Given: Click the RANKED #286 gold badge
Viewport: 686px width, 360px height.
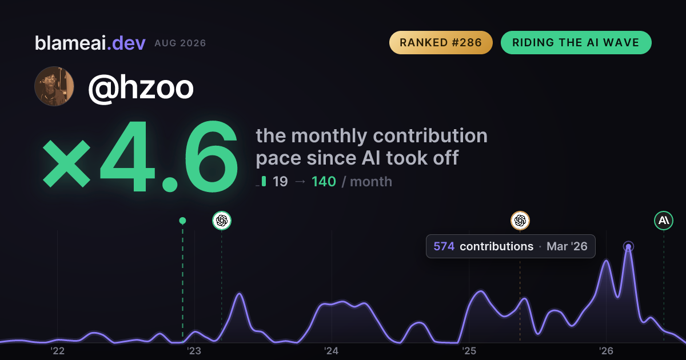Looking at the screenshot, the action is [441, 42].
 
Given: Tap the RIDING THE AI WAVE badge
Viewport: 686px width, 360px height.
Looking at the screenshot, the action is [576, 42].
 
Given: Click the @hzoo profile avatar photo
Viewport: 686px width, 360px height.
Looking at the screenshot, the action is [54, 86].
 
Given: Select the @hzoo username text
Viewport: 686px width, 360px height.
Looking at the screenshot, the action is [141, 88].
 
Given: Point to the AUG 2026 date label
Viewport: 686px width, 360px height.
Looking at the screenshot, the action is [180, 43].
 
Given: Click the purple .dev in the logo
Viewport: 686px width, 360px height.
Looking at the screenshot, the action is [126, 43].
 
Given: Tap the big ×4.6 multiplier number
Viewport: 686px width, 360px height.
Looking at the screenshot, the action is [140, 156].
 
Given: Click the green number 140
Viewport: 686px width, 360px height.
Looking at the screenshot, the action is [324, 182].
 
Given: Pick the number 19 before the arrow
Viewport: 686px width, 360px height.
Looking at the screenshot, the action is [280, 182].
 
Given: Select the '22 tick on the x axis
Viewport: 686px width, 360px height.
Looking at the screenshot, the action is [57, 351].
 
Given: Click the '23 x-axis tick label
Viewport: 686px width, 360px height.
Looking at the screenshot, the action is [194, 351].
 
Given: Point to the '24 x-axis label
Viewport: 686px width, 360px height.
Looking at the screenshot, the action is [332, 351].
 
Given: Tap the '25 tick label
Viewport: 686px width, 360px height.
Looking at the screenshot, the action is [469, 351].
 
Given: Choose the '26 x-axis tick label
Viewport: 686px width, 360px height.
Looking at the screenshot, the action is [606, 351].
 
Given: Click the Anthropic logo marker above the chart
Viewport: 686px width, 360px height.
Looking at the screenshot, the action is [664, 221].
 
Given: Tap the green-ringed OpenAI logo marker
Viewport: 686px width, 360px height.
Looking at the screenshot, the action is [222, 221].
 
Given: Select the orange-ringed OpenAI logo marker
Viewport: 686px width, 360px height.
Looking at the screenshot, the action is [520, 221].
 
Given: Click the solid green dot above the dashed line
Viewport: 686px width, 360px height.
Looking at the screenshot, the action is [182, 221].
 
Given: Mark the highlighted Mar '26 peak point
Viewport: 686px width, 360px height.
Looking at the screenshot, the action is [628, 246].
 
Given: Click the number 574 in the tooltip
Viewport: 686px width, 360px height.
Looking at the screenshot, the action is [444, 246].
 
